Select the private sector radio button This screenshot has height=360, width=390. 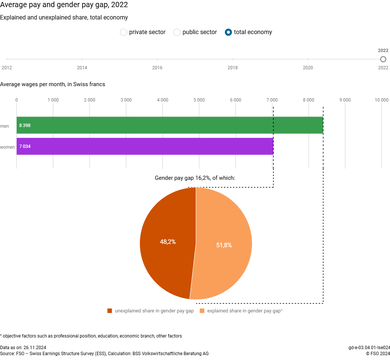[x=123, y=32]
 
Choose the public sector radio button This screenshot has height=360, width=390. [x=177, y=32]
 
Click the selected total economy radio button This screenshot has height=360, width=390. [x=228, y=32]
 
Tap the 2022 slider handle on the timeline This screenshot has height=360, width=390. [x=383, y=59]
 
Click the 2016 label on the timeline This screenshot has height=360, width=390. [x=157, y=68]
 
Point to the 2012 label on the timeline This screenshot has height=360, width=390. [x=7, y=68]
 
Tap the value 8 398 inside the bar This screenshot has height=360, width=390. [x=25, y=125]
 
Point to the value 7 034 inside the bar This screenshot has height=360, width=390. [x=25, y=146]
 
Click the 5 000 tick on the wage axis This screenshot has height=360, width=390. [x=199, y=100]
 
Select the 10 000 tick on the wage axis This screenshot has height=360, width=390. [x=381, y=100]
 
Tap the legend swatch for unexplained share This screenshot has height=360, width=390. [x=110, y=311]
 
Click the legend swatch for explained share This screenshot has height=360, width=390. [x=202, y=311]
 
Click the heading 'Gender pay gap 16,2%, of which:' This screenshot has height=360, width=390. [x=195, y=178]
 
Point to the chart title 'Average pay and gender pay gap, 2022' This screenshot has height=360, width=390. [x=64, y=5]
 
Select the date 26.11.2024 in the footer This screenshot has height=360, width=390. [x=34, y=348]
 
